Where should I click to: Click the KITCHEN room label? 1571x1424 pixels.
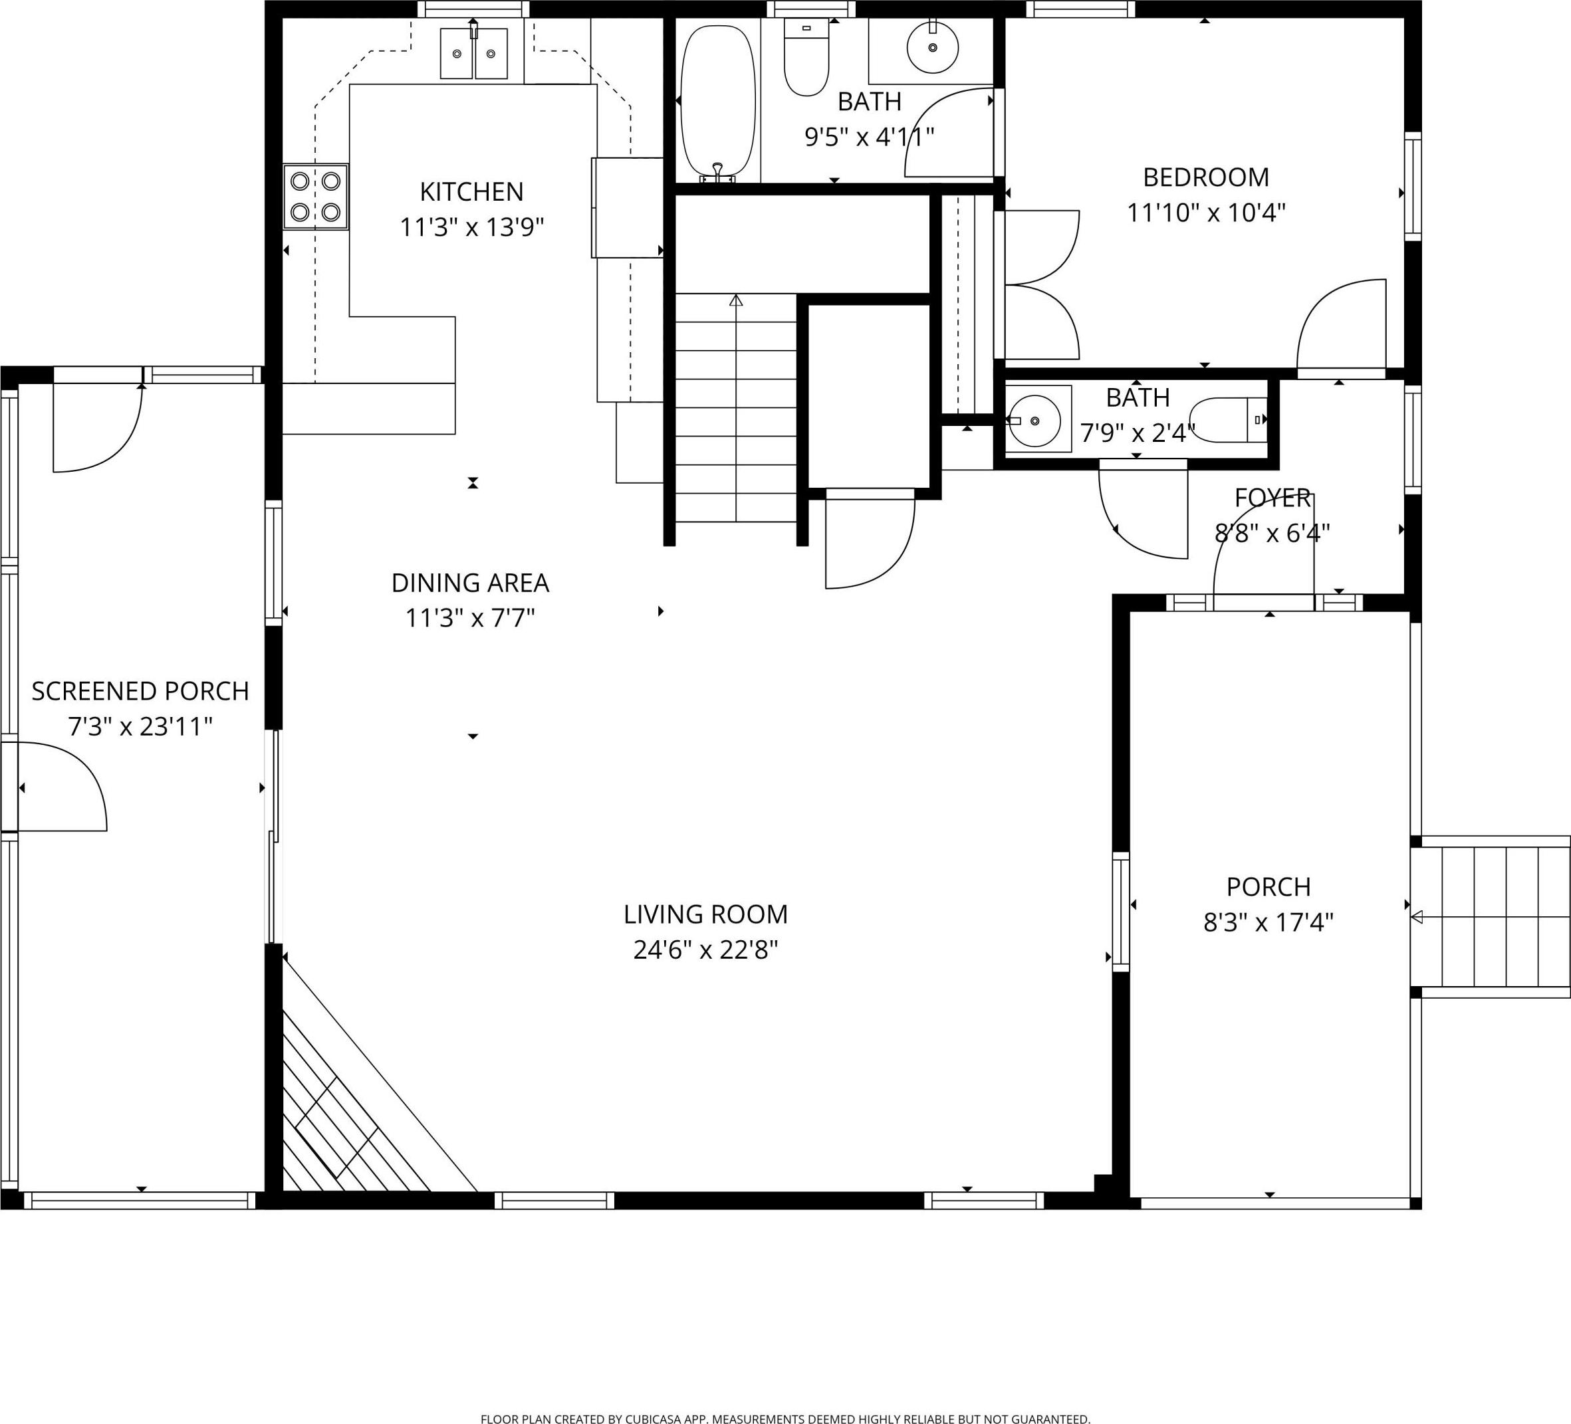[471, 191]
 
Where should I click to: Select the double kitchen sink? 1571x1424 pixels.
[474, 54]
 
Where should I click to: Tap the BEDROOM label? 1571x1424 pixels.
[1205, 177]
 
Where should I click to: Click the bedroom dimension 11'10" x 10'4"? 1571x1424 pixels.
[1205, 213]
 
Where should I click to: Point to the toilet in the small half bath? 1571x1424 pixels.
[1228, 420]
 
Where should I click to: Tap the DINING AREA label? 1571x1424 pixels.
[470, 583]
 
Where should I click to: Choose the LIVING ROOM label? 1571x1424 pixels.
[705, 914]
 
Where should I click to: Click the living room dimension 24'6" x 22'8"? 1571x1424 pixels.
[705, 950]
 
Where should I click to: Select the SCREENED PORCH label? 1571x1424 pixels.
[140, 691]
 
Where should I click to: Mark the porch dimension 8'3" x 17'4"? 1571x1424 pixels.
[1269, 923]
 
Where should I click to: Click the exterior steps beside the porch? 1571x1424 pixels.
[1490, 917]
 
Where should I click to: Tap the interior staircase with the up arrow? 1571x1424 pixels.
[735, 407]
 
